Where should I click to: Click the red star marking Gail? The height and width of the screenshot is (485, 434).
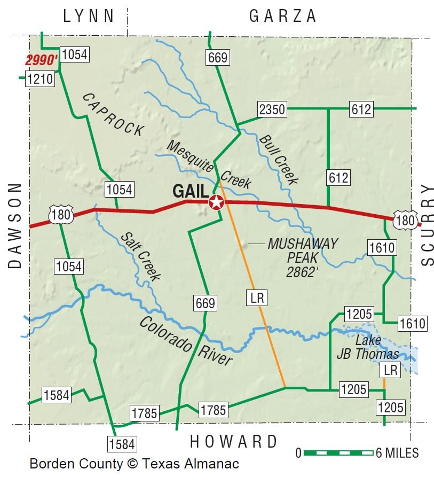click(216, 202)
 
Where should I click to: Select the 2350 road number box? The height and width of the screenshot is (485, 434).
click(272, 109)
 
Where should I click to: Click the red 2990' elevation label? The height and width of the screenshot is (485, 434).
click(41, 60)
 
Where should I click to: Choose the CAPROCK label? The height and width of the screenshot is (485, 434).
click(113, 114)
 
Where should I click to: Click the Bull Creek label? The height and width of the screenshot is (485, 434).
click(278, 159)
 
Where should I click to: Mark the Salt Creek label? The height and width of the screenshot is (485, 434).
click(140, 256)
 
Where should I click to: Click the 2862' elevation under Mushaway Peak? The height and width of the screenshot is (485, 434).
click(302, 272)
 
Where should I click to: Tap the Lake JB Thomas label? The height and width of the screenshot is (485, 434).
click(368, 347)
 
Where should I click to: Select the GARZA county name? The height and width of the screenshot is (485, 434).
click(283, 17)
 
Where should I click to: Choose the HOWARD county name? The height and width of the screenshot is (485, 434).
click(234, 442)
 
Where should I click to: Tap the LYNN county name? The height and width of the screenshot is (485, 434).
click(89, 16)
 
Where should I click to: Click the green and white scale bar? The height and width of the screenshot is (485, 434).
click(338, 453)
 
